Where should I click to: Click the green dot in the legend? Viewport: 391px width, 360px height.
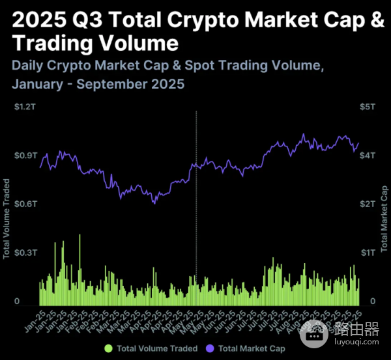click(108, 349)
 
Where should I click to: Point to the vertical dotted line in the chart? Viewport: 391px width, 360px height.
click(196, 195)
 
